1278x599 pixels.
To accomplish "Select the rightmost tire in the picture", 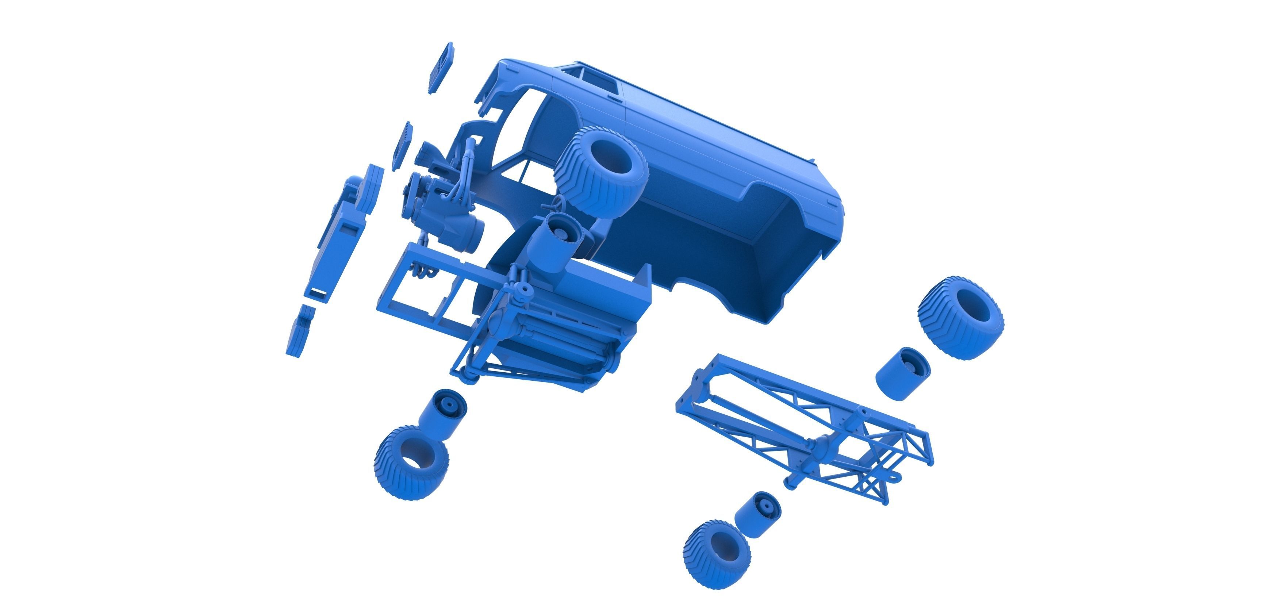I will click(x=960, y=318).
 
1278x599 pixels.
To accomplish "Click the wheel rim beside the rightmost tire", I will click(x=902, y=373).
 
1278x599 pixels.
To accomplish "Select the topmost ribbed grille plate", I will click(x=441, y=68).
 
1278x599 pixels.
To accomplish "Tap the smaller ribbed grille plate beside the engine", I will click(x=402, y=146).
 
